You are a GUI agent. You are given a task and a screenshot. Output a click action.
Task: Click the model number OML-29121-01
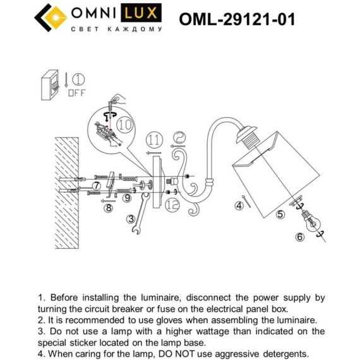237,20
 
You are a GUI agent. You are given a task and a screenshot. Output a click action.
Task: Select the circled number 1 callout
77,80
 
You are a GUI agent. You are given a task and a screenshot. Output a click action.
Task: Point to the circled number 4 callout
239,204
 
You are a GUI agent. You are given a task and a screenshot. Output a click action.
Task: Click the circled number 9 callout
127,198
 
